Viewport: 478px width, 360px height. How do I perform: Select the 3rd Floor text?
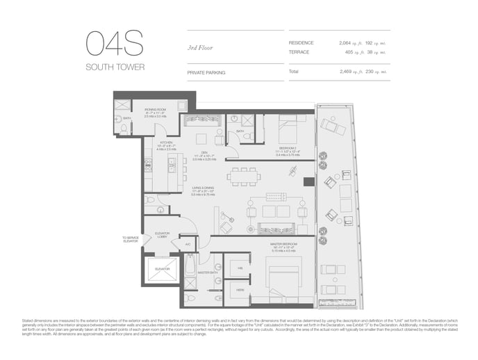coord(200,47)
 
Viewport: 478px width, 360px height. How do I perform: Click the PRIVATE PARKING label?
coord(206,72)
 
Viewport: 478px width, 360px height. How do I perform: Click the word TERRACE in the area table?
coord(299,51)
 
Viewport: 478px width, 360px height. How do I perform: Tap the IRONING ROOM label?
coord(155,110)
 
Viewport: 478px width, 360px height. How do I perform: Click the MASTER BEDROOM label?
coord(283,244)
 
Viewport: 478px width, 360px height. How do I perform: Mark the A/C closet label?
coord(188,245)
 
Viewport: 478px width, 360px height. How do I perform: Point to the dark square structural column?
coord(308,182)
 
